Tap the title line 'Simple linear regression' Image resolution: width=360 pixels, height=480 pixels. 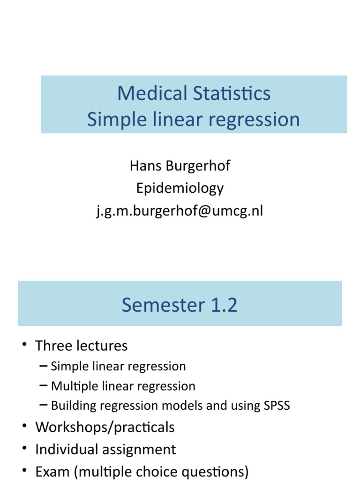pyautogui.click(x=194, y=119)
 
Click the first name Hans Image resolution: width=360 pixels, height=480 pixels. pyautogui.click(x=145, y=165)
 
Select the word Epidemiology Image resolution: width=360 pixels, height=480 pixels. pyautogui.click(x=180, y=188)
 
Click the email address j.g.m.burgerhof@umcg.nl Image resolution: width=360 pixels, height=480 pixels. pyautogui.click(x=180, y=211)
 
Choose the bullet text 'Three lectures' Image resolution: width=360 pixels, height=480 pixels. pyautogui.click(x=81, y=346)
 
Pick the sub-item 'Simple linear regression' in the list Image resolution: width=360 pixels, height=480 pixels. pyautogui.click(x=118, y=366)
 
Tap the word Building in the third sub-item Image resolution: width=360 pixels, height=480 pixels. pyautogui.click(x=70, y=406)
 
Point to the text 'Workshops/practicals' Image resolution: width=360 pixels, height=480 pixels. pyautogui.click(x=105, y=427)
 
